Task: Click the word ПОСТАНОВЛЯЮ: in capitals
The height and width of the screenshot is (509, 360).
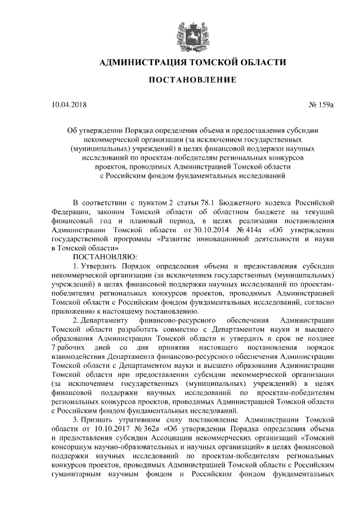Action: coord(101,256)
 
